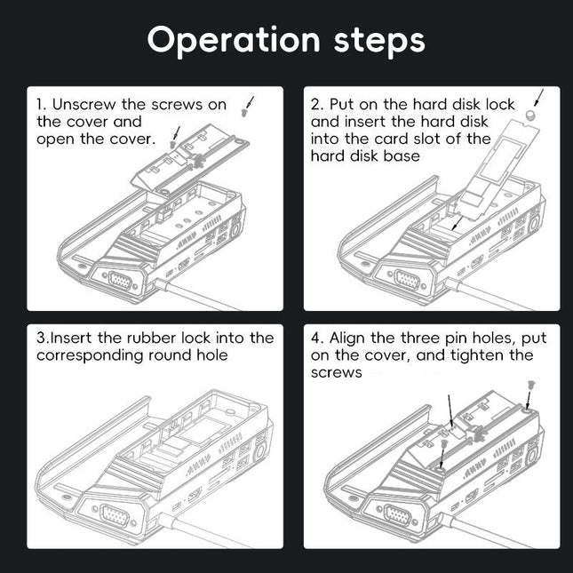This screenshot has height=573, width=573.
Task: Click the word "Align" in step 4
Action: (x=350, y=338)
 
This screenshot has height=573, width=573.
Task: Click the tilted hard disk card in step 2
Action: (x=483, y=169)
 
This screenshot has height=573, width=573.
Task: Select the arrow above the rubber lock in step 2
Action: (x=538, y=97)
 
